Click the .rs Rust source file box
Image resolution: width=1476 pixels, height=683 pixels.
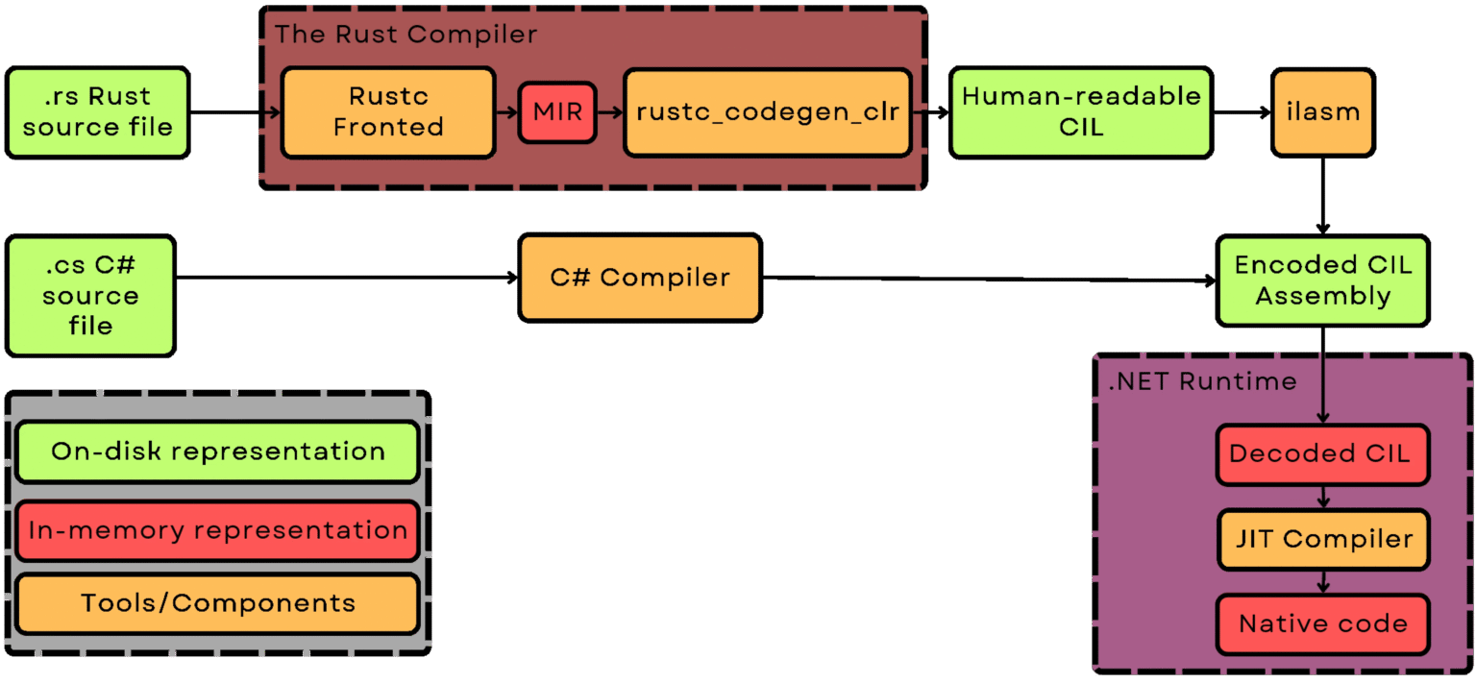point(97,111)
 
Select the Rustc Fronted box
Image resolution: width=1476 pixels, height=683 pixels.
point(388,111)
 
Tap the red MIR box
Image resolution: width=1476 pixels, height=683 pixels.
point(557,111)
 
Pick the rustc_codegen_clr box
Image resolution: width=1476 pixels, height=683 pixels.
point(767,111)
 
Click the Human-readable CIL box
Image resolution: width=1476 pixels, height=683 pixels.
point(1080,111)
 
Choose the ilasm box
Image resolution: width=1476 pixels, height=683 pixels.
point(1322,111)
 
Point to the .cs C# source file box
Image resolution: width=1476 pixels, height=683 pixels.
point(90,296)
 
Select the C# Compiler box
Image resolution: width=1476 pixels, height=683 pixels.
point(639,278)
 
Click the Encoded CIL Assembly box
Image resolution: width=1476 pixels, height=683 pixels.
point(1322,281)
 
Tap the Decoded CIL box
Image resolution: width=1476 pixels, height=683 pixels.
point(1322,453)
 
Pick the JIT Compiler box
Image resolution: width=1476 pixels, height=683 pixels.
point(1322,539)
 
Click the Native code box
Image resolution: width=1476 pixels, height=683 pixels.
point(1322,623)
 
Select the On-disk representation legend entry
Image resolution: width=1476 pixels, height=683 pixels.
point(217,451)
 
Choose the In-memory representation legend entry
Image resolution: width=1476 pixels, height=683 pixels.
point(217,530)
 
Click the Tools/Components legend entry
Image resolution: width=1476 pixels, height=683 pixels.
point(217,603)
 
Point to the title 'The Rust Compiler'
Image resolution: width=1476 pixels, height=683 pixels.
point(406,35)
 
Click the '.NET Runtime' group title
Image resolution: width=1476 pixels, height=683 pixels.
point(1202,381)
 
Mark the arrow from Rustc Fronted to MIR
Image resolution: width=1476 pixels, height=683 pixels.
point(506,111)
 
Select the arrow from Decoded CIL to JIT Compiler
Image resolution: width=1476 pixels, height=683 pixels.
point(1322,498)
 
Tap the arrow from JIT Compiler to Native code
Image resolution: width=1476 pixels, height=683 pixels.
point(1322,581)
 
